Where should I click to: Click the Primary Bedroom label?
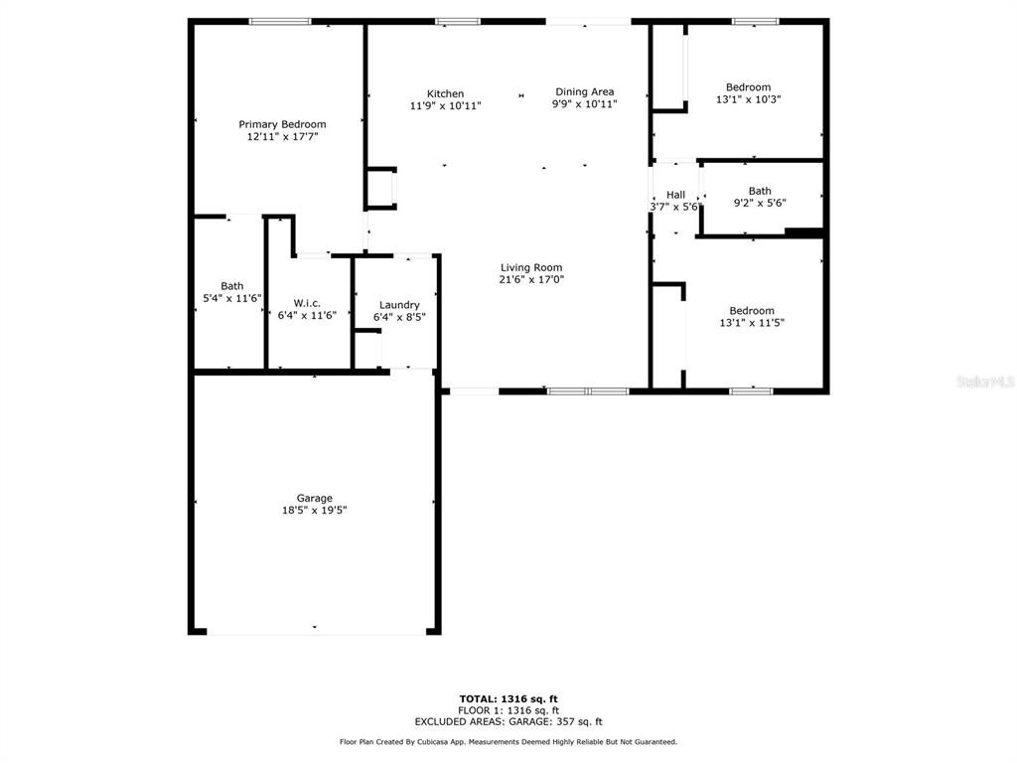point(282,124)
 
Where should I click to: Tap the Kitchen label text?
point(445,93)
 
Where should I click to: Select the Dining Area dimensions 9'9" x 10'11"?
point(584,103)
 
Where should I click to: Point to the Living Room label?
point(531,267)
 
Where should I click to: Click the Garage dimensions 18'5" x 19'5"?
point(315,510)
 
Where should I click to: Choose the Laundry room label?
point(399,305)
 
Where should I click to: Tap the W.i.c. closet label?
point(307,303)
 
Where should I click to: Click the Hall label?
point(675,195)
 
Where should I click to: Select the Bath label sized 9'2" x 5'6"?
point(760,191)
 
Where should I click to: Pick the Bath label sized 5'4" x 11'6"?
point(231,286)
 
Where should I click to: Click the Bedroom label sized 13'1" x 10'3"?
point(749,87)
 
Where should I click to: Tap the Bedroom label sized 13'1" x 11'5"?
point(752,311)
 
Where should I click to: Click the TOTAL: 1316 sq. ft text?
point(508,698)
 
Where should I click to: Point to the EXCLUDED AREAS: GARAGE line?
point(508,721)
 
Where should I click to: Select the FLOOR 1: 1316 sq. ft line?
point(508,710)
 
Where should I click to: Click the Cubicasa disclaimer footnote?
point(508,741)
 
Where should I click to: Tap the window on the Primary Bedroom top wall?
point(280,22)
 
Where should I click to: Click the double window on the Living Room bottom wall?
point(588,391)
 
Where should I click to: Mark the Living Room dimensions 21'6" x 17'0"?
point(531,279)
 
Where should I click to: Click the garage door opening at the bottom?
point(317,631)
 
